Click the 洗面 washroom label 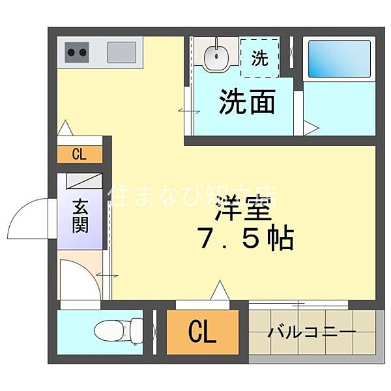246,102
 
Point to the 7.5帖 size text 246,239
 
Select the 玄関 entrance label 81,218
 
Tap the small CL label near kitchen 79,154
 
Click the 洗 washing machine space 259,58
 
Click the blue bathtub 338,61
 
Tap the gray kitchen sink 122,51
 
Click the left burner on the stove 72,52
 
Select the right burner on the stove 83,52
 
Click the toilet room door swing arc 81,280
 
